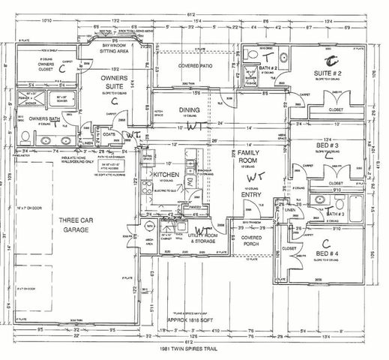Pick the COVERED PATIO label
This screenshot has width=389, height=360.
coord(193,66)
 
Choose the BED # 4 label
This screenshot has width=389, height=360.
coord(332,255)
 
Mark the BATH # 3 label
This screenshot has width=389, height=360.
coord(336,214)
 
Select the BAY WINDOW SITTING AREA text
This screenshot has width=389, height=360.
coord(115,49)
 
